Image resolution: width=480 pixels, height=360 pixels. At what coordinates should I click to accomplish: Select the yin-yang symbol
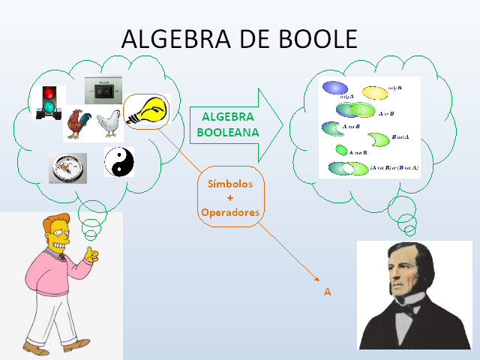[118, 161]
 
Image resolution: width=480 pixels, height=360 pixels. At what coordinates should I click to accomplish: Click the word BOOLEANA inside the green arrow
[227, 132]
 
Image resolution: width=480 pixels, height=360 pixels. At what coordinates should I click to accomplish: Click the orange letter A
[327, 292]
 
